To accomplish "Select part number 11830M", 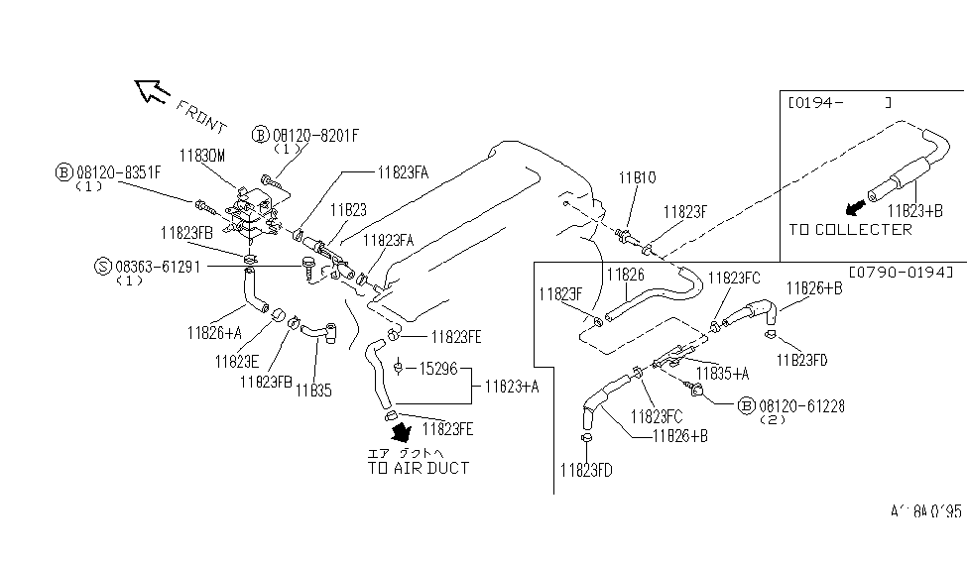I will tap(202, 156).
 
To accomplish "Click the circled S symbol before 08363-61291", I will tap(102, 266).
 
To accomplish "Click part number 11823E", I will tap(236, 361).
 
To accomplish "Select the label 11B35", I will tap(312, 390).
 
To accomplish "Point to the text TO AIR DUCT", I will tap(418, 467).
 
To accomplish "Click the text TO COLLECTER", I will tap(850, 229).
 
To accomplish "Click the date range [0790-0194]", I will tap(901, 271).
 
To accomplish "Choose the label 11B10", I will tap(638, 179).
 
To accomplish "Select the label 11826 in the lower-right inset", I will tap(625, 273).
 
